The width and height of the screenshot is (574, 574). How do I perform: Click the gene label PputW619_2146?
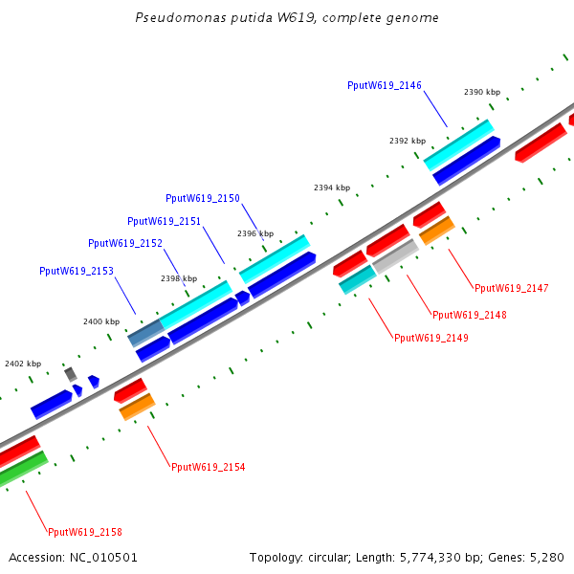point(385,86)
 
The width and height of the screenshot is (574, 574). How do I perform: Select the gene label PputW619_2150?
point(203,199)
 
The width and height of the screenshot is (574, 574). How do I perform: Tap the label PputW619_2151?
point(164,221)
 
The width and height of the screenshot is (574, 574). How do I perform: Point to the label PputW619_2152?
point(124,243)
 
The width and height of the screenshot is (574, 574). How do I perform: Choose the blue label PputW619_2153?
point(77,272)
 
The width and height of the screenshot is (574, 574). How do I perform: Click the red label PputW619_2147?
point(512,288)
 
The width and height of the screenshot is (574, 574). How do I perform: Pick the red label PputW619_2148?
point(470,315)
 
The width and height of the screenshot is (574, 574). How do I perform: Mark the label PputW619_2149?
point(431,338)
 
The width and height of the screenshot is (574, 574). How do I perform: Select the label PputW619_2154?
point(208,467)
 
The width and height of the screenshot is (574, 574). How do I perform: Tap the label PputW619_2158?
point(85,532)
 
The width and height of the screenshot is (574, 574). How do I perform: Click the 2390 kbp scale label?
point(482,93)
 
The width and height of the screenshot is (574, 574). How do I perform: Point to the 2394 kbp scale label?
point(332,188)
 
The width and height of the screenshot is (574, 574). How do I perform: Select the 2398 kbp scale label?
point(179,279)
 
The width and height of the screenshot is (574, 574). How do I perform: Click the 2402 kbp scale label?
point(23,364)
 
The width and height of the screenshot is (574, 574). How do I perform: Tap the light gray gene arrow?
point(395,256)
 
